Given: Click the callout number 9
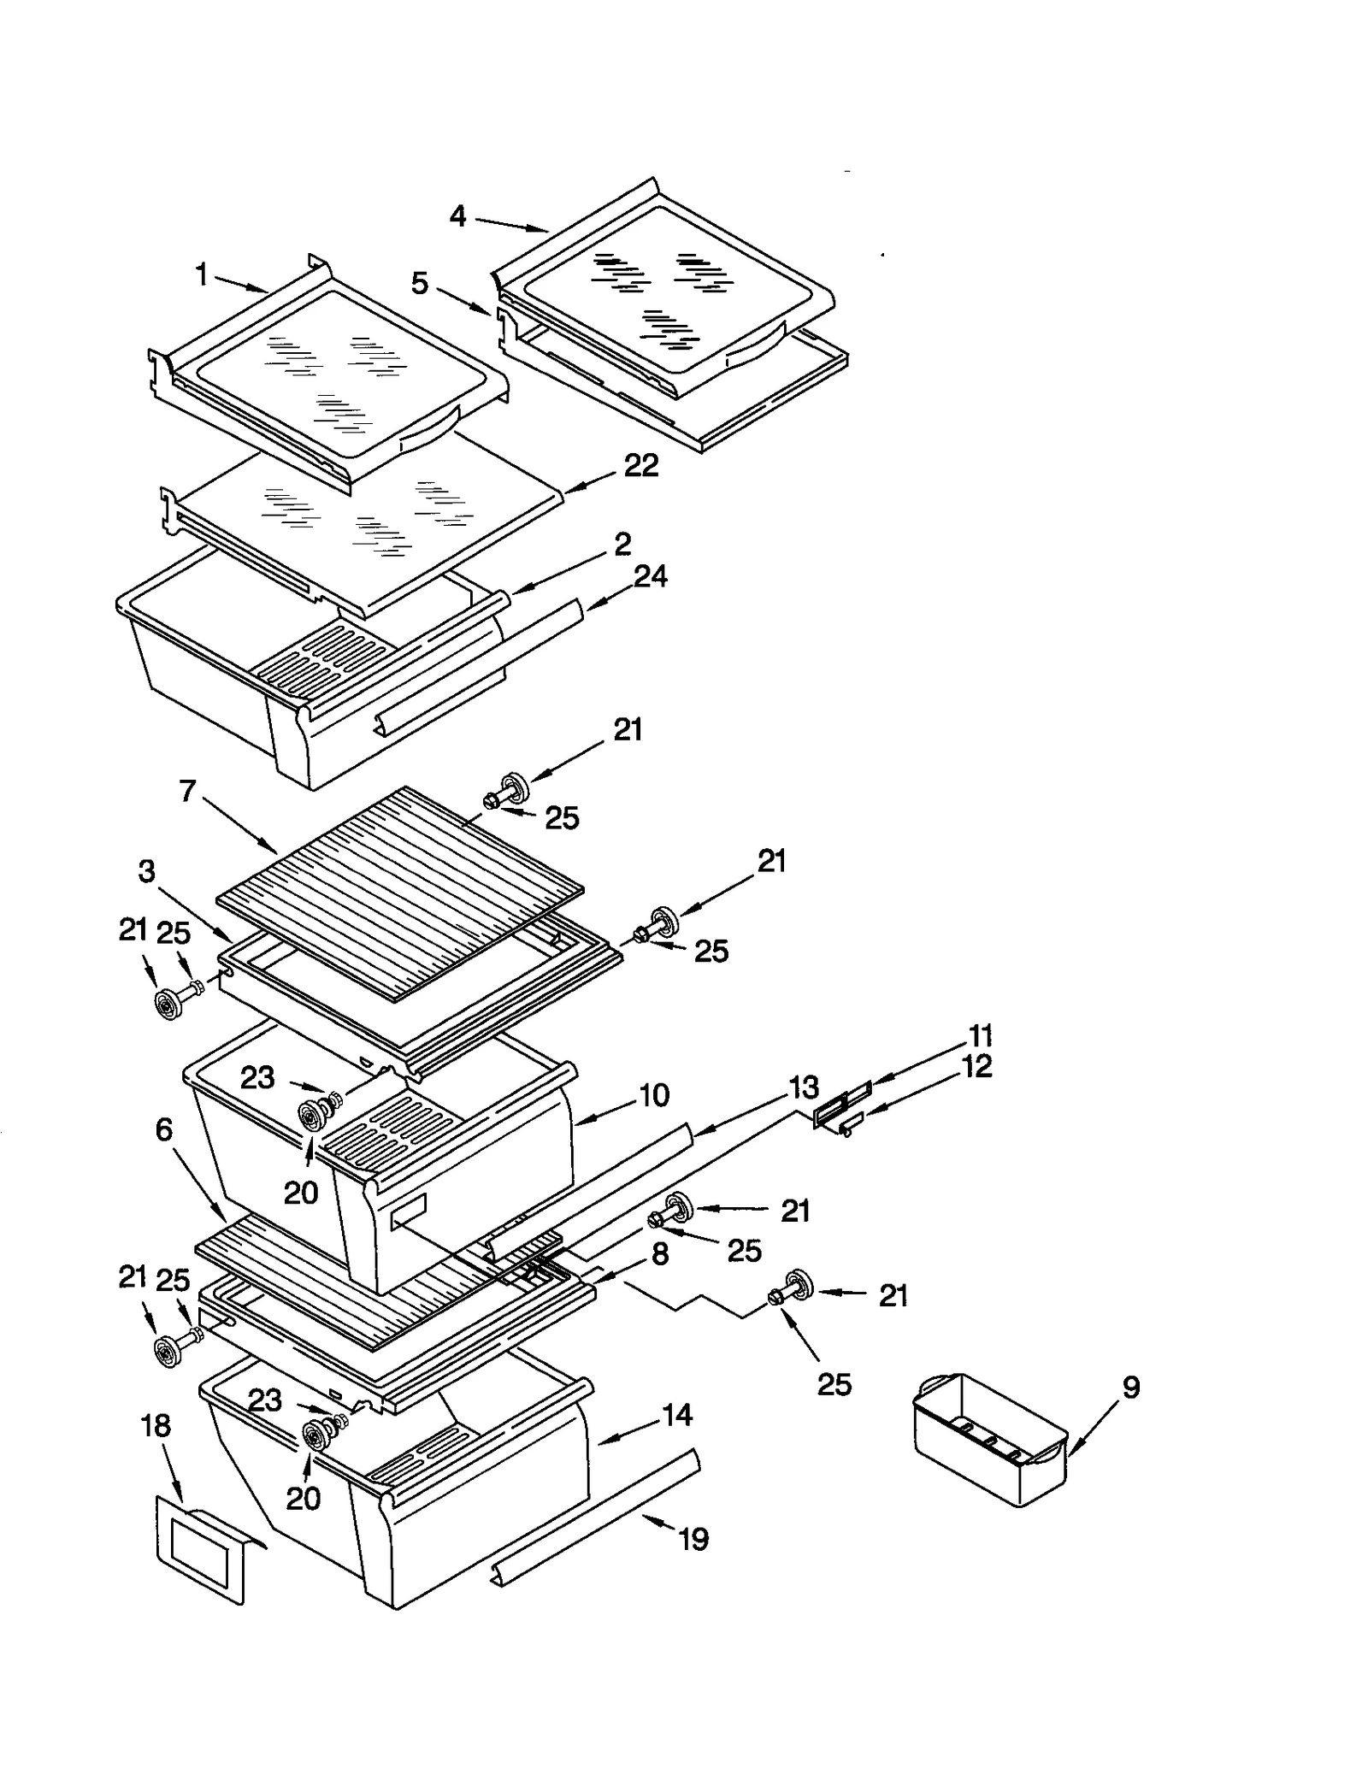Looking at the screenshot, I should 1130,1387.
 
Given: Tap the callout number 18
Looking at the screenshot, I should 156,1426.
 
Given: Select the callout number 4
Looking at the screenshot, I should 458,216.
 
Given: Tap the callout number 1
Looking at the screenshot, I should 202,274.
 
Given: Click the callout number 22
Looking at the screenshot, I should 640,466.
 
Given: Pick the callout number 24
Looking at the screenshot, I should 650,576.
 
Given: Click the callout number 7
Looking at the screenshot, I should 188,791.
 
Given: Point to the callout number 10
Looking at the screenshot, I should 654,1095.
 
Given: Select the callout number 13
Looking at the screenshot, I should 803,1088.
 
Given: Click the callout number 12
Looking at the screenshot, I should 977,1066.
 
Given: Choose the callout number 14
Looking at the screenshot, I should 676,1415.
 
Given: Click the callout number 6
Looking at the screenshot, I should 164,1129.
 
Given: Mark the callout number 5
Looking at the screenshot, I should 419,283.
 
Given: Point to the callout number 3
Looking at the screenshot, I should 146,871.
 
